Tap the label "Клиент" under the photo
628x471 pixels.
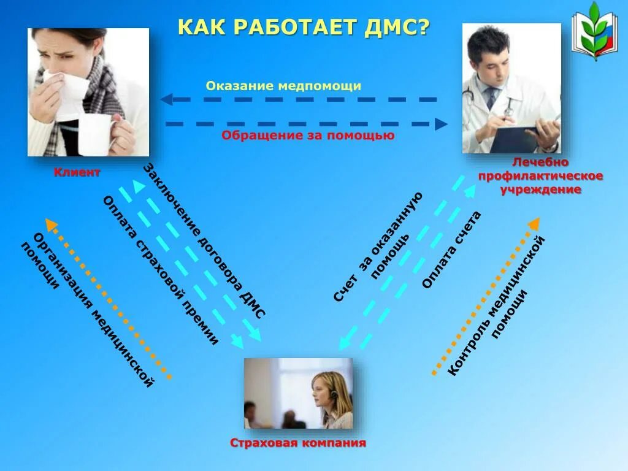[x=77, y=172]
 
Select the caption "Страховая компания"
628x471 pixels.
[x=298, y=443]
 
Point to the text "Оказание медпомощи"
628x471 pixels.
[x=283, y=86]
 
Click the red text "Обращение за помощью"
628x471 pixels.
[x=308, y=136]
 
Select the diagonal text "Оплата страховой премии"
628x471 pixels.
[x=161, y=270]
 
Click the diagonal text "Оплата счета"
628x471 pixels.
[x=451, y=250]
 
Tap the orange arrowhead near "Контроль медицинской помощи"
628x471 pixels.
[x=534, y=224]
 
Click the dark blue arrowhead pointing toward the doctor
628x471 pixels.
[x=441, y=124]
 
